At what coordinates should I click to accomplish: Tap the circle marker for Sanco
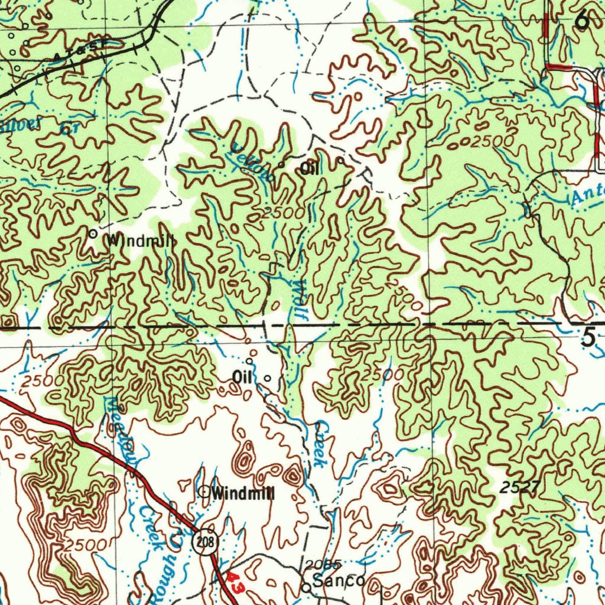click(306, 588)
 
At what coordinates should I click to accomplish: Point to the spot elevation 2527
click(518, 487)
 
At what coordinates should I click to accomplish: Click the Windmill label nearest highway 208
click(243, 493)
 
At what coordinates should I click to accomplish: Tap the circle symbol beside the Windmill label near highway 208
click(204, 490)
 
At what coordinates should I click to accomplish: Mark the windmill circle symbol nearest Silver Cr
click(93, 234)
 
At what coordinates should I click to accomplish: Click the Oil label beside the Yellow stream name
click(310, 169)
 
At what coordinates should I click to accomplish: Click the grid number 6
click(582, 21)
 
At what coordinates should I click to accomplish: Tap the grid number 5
click(587, 337)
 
